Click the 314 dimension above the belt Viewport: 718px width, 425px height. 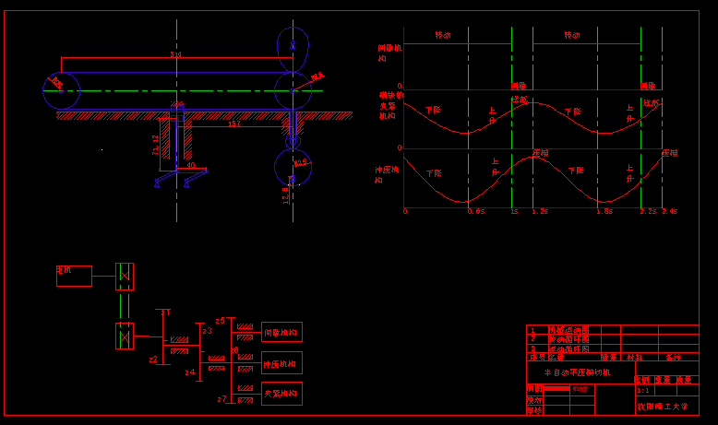(175, 55)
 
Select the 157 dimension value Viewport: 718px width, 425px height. (233, 123)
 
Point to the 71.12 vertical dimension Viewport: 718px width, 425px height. (155, 144)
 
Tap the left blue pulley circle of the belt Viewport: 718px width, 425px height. (62, 90)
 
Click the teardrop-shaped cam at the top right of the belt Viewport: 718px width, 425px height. (293, 42)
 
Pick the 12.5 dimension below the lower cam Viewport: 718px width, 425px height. (286, 195)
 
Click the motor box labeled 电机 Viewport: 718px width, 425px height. (74, 275)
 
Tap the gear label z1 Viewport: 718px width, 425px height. (165, 313)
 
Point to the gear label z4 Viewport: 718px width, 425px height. (189, 372)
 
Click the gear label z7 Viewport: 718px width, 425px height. (221, 399)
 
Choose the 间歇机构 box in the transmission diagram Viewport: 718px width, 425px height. (281, 332)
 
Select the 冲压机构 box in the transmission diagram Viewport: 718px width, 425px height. (281, 363)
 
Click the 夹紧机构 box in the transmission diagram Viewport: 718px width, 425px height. (281, 394)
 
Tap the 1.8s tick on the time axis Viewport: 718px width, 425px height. (604, 211)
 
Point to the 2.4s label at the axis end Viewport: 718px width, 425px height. (669, 211)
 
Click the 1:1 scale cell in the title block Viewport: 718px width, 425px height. (643, 391)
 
